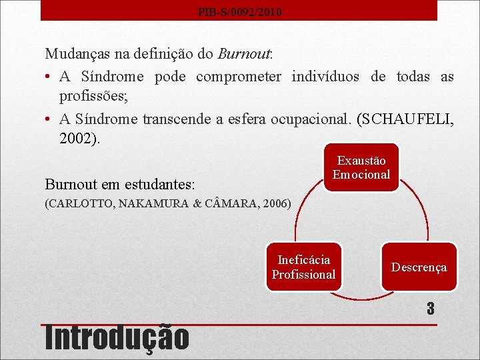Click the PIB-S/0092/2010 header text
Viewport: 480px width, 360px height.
(239, 12)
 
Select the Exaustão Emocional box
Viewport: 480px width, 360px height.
(361, 168)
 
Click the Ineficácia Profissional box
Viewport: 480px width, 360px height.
(304, 267)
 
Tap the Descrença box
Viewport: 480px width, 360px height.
(419, 267)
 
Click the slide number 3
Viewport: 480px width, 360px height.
(431, 309)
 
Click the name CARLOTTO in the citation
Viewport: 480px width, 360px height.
(80, 203)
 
